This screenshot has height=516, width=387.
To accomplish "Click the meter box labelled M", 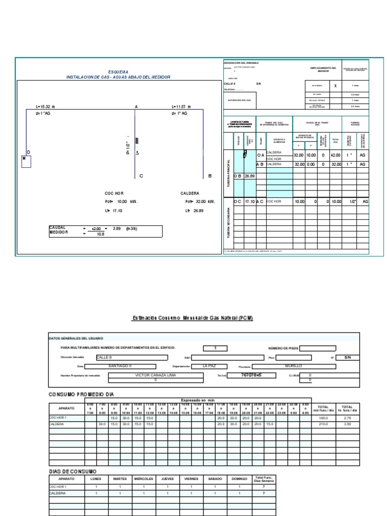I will click(26, 161).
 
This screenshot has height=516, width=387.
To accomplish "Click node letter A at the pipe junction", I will click(136, 107).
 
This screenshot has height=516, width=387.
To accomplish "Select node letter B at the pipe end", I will click(210, 176).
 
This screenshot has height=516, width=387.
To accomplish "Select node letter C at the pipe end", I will click(141, 176).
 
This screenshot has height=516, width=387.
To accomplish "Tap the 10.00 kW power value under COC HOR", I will click(122, 201).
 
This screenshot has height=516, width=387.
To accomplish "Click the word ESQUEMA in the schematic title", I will click(118, 72).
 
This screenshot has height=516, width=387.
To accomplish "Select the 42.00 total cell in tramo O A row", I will click(335, 155).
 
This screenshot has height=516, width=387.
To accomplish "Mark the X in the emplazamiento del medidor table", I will click(335, 86).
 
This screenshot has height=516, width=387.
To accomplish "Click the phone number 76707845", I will click(251, 375).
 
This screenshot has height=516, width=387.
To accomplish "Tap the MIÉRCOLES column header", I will click(144, 478).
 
